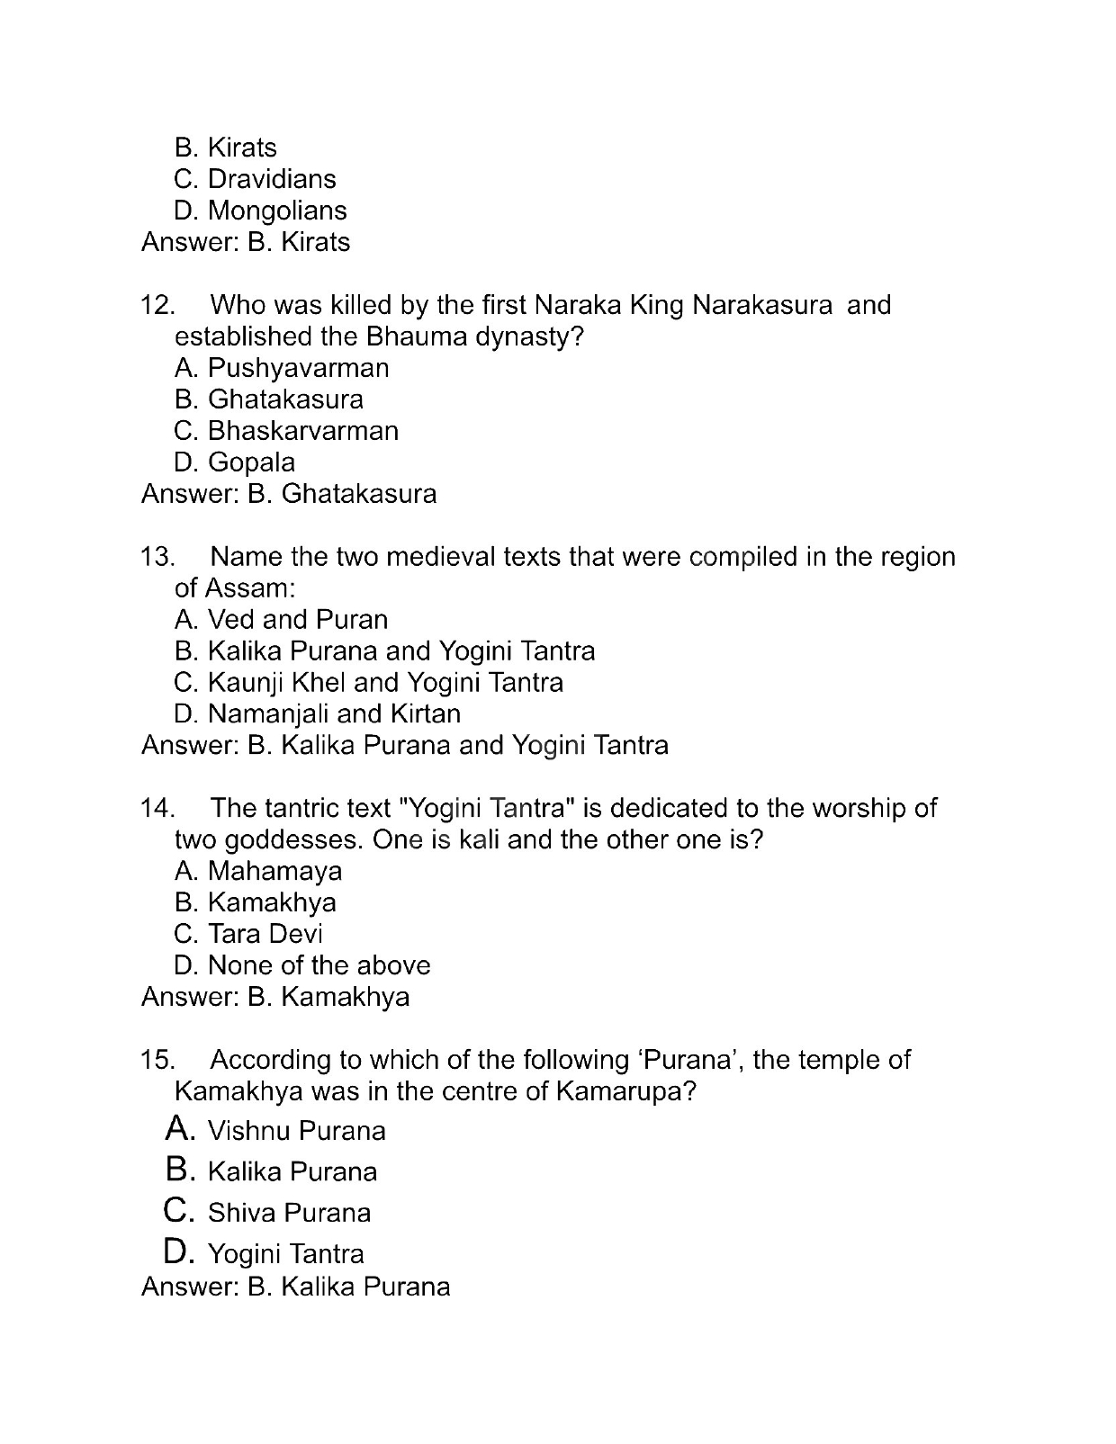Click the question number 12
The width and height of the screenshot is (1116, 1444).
click(157, 306)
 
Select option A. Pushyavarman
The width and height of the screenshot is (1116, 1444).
click(281, 368)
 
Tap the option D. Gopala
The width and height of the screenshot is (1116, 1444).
click(234, 462)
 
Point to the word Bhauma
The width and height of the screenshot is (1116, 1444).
click(410, 336)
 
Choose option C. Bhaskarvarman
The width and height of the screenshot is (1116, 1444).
click(285, 431)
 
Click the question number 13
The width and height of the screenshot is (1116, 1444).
click(157, 558)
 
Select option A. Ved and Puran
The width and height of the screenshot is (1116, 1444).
click(281, 620)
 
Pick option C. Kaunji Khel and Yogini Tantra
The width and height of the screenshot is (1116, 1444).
click(368, 683)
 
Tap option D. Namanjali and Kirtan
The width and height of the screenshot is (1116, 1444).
click(317, 714)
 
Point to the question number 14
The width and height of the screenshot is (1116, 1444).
click(157, 809)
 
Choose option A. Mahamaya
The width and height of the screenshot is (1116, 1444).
click(258, 871)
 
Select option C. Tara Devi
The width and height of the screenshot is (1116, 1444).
click(247, 934)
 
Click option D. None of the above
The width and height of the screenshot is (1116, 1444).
click(301, 965)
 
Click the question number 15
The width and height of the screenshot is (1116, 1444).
click(157, 1060)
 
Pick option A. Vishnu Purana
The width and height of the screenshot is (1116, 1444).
click(276, 1130)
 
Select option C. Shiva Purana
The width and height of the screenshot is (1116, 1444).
click(268, 1212)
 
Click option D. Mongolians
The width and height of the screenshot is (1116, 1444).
click(259, 211)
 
